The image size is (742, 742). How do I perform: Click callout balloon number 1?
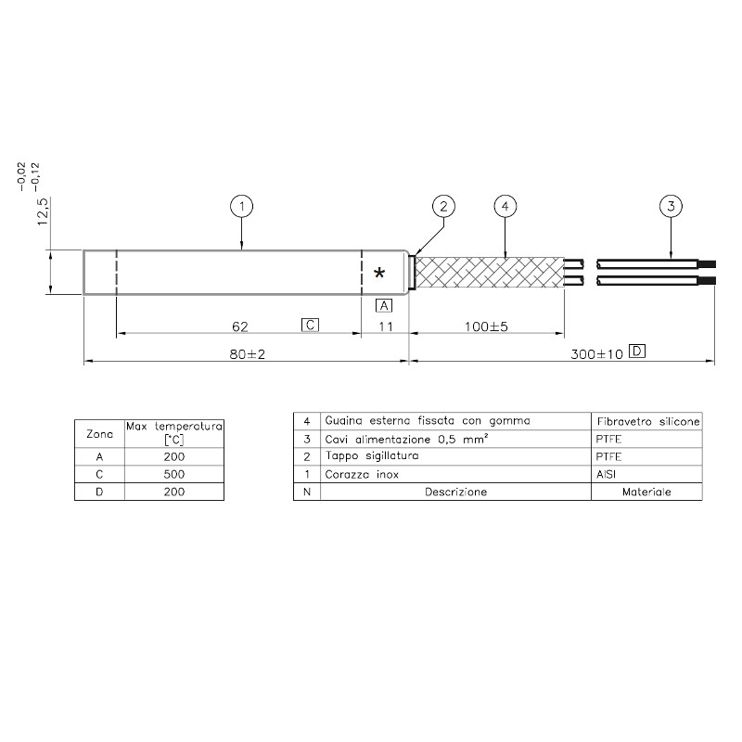click(x=242, y=206)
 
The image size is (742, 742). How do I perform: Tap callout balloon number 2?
click(x=443, y=206)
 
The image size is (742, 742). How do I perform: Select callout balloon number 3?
click(x=671, y=206)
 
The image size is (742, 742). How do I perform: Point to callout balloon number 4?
click(x=505, y=206)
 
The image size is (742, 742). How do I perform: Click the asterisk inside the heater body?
click(x=379, y=273)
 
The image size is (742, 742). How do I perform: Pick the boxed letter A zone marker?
click(x=384, y=306)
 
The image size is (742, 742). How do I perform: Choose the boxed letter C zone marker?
click(x=311, y=326)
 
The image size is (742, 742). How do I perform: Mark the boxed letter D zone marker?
click(x=637, y=352)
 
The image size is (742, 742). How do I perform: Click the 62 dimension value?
click(x=240, y=326)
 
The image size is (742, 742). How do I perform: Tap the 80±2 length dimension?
click(x=248, y=354)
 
